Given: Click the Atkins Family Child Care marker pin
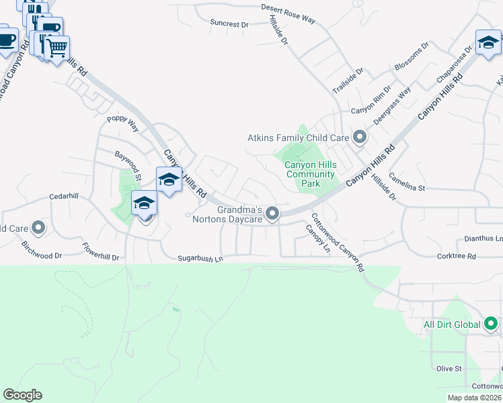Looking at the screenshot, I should click(x=360, y=138).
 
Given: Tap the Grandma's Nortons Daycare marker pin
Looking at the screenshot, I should click(x=272, y=214).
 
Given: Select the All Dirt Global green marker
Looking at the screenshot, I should click(x=491, y=324).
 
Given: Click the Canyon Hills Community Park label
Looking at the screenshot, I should click(x=309, y=174).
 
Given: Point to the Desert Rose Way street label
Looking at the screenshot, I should click(x=288, y=14).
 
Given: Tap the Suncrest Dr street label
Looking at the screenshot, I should click(x=229, y=24).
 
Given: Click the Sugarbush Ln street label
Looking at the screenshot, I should click(x=200, y=258).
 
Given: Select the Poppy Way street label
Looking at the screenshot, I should click(x=122, y=123).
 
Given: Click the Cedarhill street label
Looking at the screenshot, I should click(x=64, y=197).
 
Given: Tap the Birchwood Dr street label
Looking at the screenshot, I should click(x=42, y=251).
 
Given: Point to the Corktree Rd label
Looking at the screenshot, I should click(x=456, y=256).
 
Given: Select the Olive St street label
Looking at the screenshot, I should click(x=449, y=369).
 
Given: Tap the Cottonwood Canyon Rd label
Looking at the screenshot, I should click(x=338, y=242).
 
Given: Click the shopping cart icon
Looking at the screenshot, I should click(x=57, y=47).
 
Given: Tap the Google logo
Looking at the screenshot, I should click(x=22, y=395).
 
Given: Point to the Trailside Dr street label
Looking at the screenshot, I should click(x=348, y=80).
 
